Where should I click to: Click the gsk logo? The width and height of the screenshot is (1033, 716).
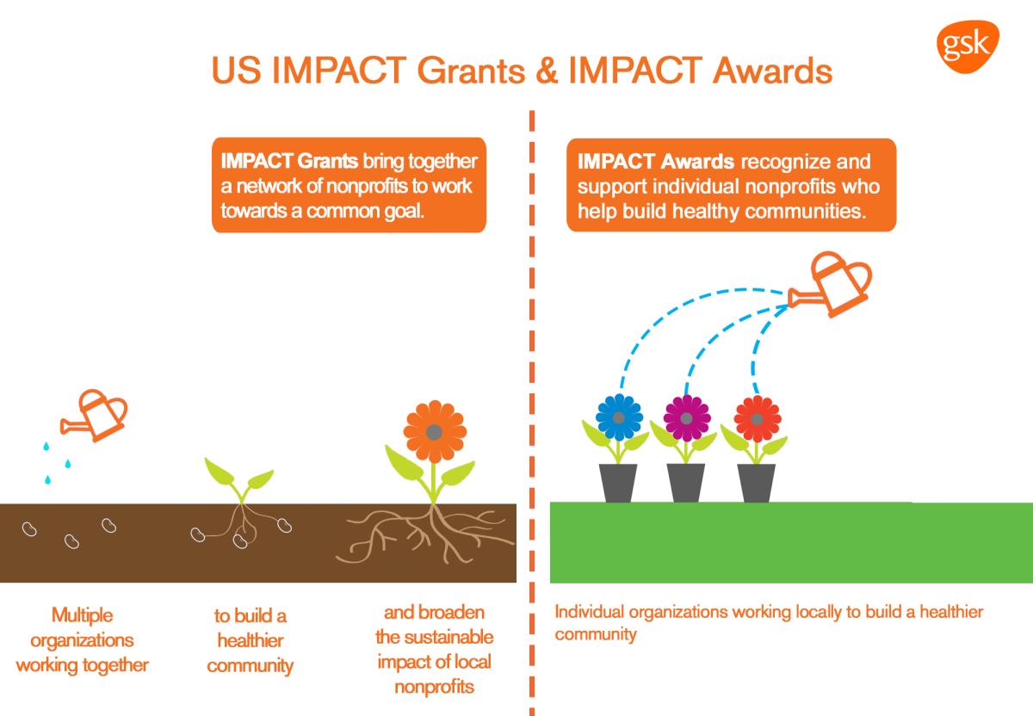[x=968, y=46]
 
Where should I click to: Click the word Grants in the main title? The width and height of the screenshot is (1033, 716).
[x=471, y=71]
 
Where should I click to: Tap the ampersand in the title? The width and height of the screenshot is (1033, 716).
[x=547, y=71]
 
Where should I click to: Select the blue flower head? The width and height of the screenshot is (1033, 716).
[x=619, y=417]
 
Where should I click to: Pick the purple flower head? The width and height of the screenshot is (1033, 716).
[x=687, y=418]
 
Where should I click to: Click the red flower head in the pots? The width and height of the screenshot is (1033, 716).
[x=758, y=419]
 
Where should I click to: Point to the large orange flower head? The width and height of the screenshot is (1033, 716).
[x=435, y=431]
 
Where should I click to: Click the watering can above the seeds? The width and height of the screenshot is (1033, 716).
[x=95, y=415]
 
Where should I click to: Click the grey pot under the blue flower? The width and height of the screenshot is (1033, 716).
[x=618, y=483]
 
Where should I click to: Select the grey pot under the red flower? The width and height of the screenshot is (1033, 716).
[x=757, y=483]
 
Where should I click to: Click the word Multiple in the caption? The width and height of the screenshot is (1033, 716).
[x=82, y=615]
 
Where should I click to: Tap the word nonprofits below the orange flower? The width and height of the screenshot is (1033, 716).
[x=435, y=687]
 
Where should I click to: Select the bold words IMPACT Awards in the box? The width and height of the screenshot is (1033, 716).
[x=656, y=162]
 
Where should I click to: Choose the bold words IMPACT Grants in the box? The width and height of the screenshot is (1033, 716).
[x=289, y=161]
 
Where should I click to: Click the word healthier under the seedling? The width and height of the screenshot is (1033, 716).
[x=251, y=640]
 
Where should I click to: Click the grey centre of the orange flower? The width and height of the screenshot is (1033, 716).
[x=435, y=432]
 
